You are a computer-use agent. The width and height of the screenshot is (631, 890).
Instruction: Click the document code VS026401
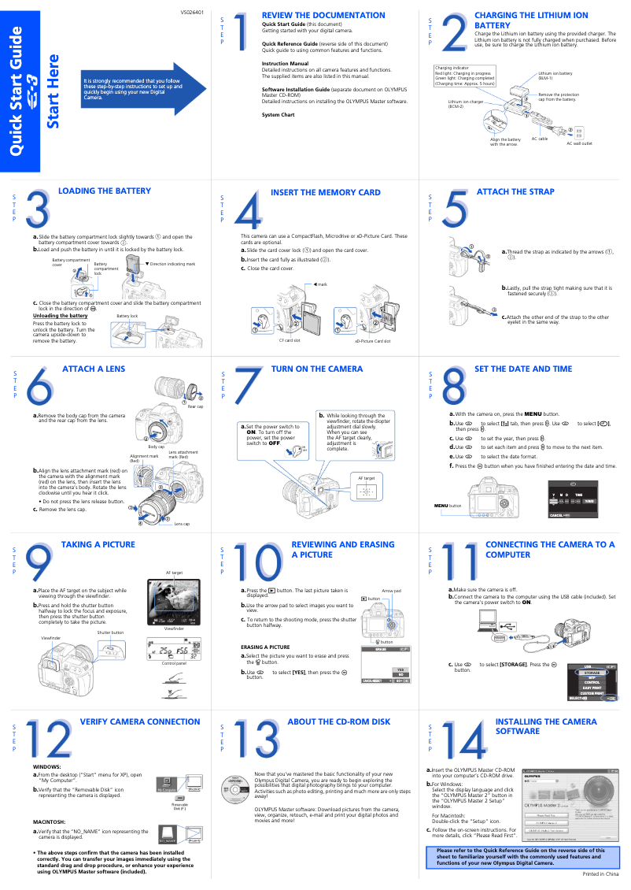(x=192, y=13)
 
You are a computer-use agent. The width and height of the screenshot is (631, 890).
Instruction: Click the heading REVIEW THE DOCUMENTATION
(x=323, y=15)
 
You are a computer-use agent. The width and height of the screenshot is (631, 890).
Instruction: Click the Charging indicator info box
(x=464, y=77)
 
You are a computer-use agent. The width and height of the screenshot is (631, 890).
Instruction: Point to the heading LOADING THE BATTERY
(x=105, y=191)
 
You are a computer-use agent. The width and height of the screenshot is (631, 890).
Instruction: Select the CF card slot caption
(x=290, y=340)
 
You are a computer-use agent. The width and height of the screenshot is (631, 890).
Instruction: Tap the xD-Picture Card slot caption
(x=372, y=340)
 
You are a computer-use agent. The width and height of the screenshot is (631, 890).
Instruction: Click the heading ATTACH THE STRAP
(x=515, y=191)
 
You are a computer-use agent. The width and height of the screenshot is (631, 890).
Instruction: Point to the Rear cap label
(x=195, y=406)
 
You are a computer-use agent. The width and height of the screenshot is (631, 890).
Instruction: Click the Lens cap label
(x=182, y=524)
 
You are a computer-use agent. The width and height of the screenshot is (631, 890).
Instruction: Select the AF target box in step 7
(x=366, y=488)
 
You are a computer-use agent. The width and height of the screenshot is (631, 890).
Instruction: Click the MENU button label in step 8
(x=448, y=505)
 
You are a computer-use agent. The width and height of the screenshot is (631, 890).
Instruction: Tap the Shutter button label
(x=110, y=632)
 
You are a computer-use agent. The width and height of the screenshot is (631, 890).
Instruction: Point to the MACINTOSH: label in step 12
(x=49, y=821)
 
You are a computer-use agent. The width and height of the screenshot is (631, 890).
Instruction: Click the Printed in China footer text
(x=600, y=875)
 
